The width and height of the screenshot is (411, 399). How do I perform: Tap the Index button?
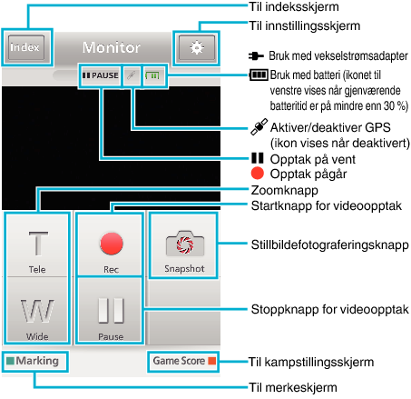(26, 47)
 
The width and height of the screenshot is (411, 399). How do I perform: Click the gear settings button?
(197, 47)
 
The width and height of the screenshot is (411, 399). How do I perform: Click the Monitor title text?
(112, 47)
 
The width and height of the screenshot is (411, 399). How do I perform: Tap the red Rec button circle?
(112, 244)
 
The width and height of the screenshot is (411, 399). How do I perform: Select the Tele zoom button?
(37, 244)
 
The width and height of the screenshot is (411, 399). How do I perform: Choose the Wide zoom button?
(37, 310)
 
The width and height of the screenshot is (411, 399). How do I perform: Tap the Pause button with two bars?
(111, 310)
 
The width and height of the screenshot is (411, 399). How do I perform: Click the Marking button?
(34, 361)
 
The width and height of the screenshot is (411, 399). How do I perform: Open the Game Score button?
(183, 361)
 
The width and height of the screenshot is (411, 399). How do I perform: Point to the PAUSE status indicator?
(101, 75)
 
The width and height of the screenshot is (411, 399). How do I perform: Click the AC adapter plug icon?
(256, 55)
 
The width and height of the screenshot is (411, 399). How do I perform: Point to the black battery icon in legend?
(259, 75)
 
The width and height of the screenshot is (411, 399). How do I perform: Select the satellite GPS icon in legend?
(259, 126)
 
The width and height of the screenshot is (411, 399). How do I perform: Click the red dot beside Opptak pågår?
(258, 174)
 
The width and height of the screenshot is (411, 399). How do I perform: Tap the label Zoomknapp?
(285, 190)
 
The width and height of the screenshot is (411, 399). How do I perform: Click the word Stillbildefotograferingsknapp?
(330, 244)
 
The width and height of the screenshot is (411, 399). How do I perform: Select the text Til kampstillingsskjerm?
(311, 362)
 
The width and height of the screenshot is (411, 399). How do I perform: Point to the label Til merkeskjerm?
(293, 387)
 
